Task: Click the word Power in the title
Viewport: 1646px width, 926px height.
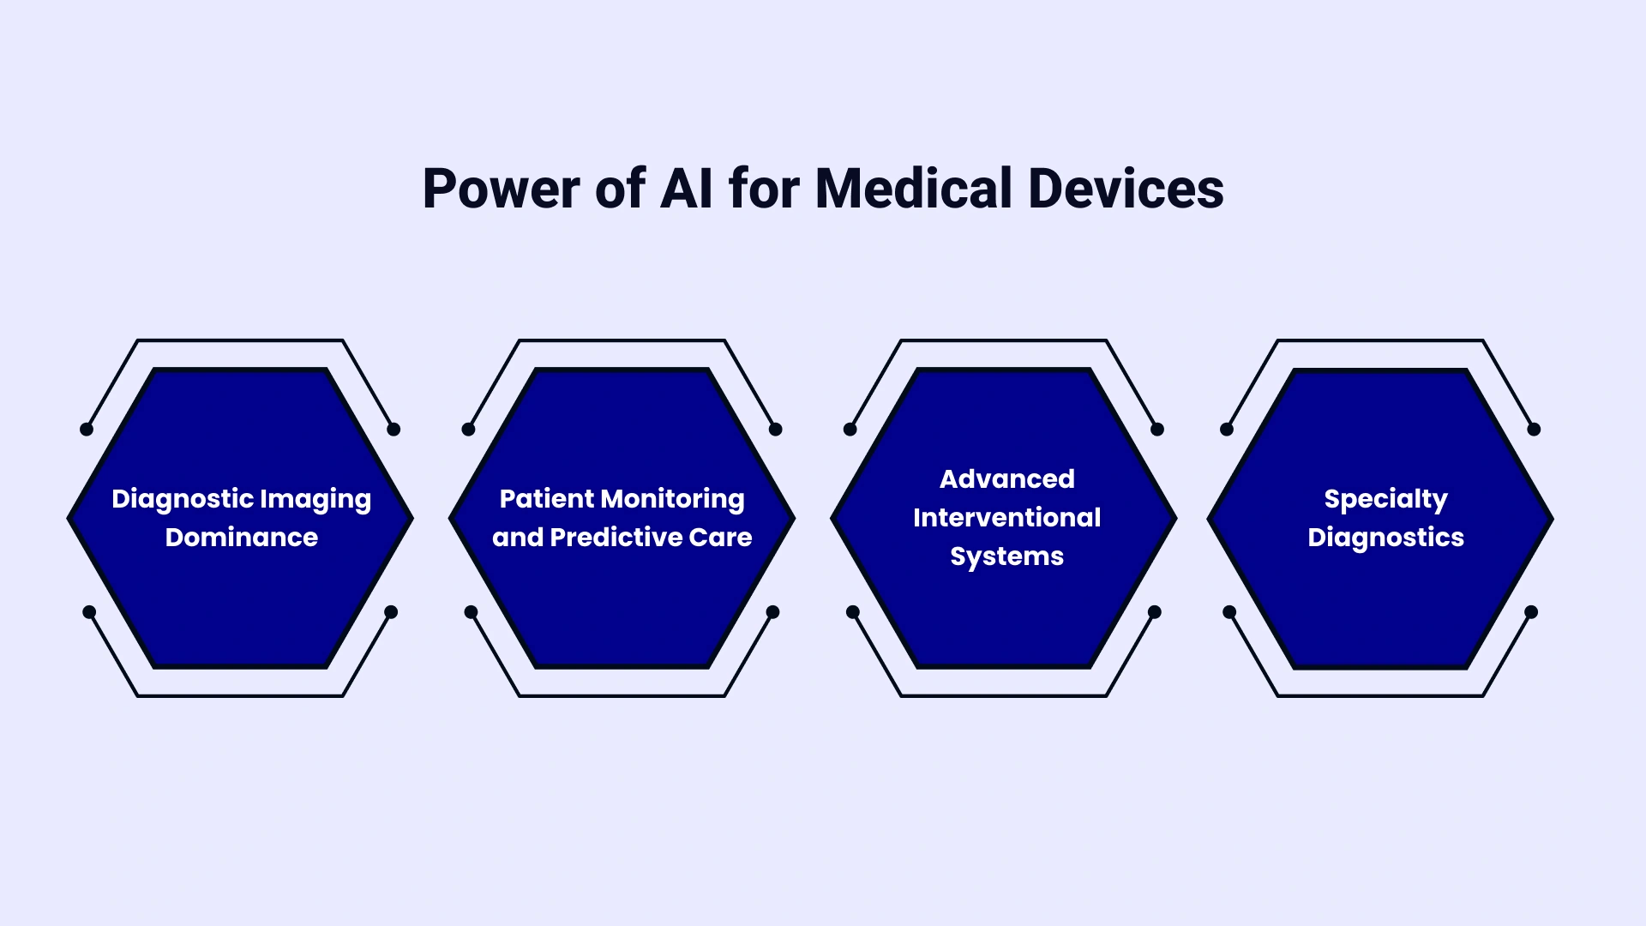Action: click(502, 189)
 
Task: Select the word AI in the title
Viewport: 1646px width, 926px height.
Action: click(686, 189)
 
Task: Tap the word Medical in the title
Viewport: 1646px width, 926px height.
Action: click(914, 189)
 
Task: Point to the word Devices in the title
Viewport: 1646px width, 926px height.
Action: click(1126, 189)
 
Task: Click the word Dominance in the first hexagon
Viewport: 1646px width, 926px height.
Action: click(242, 538)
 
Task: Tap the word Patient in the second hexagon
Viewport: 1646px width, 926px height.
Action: click(546, 499)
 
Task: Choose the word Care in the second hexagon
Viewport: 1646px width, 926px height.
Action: click(720, 538)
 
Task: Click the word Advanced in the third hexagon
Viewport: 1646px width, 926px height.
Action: click(1007, 479)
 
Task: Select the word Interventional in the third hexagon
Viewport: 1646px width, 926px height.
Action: click(1007, 518)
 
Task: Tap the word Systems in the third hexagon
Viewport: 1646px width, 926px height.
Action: click(1007, 557)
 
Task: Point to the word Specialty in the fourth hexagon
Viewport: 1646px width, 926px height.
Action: click(1385, 500)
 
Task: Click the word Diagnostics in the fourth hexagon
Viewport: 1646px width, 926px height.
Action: click(1385, 538)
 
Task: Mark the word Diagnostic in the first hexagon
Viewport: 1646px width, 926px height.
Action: click(182, 500)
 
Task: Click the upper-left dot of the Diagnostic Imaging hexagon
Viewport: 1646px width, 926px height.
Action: click(87, 430)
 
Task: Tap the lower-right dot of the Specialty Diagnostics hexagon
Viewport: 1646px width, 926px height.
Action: click(1531, 612)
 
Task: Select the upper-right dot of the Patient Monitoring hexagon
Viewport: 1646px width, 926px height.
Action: click(776, 430)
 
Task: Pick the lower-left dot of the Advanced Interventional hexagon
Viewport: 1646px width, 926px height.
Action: click(853, 612)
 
